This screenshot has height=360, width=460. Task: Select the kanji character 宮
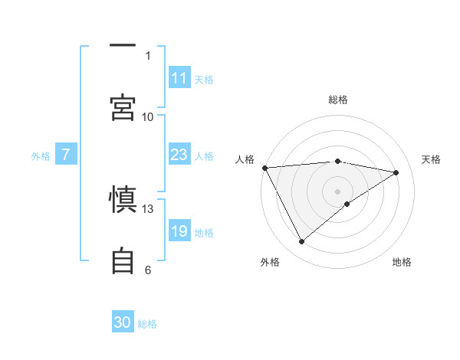point(123,108)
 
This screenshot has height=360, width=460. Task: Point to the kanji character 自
point(123,260)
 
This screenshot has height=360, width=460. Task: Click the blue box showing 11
point(179,78)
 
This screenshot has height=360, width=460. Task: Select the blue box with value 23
point(179,155)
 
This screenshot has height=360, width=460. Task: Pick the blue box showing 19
point(179,231)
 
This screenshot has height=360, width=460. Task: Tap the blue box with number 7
point(66,155)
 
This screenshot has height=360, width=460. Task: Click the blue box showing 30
point(123,322)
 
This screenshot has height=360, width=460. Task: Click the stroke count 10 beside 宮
point(148,116)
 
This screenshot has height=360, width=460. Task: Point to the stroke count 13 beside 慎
point(148,208)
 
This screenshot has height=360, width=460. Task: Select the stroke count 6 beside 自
point(148,270)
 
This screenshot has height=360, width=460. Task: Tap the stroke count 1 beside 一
point(148,55)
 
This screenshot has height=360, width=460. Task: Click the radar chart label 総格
point(338,100)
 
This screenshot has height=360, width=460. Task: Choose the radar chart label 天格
point(431,159)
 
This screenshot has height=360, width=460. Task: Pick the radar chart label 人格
point(245,159)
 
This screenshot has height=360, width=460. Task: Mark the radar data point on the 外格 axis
point(301,242)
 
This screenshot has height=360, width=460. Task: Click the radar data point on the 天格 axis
point(396,172)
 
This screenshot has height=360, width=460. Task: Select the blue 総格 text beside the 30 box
point(147,324)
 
